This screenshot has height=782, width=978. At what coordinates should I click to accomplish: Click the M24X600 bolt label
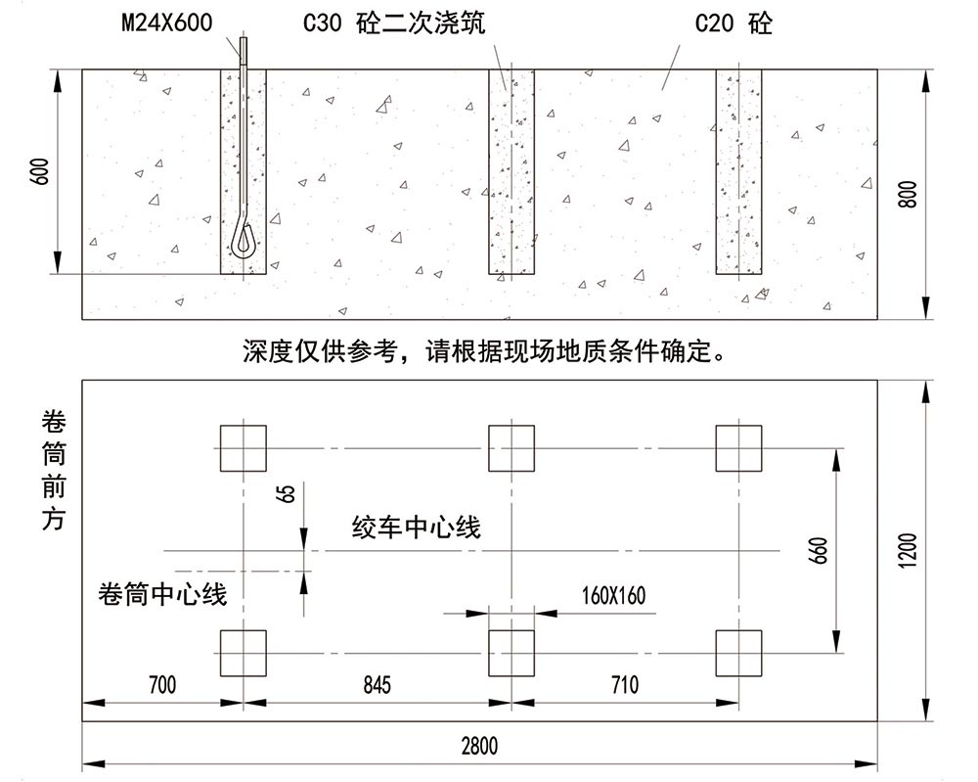(x=166, y=23)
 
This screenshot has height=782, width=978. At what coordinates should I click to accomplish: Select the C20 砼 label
(x=733, y=23)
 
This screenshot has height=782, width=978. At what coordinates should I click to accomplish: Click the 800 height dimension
(x=907, y=194)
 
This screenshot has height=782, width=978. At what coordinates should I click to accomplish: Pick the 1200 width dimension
(x=907, y=550)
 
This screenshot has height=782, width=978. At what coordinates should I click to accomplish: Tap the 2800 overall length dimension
(x=479, y=747)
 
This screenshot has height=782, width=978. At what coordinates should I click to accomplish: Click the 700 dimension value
(x=161, y=685)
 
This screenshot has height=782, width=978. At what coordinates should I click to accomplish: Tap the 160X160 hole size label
(x=613, y=596)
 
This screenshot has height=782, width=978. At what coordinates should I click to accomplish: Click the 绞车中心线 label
(x=417, y=529)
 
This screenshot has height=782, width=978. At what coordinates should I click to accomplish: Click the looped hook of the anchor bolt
(x=244, y=237)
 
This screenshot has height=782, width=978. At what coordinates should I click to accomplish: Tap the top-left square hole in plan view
(x=243, y=448)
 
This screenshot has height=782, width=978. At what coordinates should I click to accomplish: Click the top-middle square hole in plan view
(x=511, y=448)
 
